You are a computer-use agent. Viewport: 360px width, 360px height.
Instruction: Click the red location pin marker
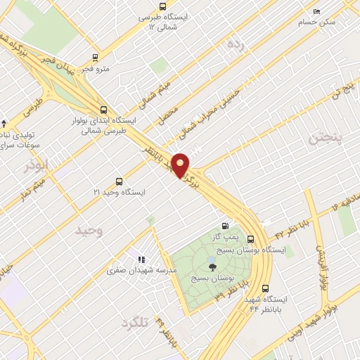181,165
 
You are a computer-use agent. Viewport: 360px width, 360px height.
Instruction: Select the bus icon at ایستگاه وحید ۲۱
118,181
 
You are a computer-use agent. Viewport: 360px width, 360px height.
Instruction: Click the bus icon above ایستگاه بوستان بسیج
250,239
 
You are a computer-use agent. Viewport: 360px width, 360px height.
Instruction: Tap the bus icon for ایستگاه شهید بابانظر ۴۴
265,288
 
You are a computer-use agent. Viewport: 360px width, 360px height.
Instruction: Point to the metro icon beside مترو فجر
96,58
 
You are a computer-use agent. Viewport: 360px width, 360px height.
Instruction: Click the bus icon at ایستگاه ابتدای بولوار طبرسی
104,110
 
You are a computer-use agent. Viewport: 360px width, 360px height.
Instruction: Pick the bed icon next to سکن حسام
316,12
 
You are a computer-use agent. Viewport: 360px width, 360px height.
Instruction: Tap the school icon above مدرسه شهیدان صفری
141,259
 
